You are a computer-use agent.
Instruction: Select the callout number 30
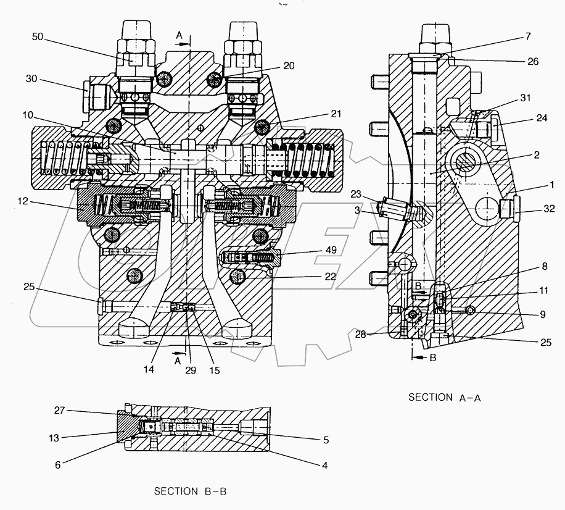[32, 78]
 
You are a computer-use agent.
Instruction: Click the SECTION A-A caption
[444, 398]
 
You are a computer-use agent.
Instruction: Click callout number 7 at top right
[527, 37]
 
